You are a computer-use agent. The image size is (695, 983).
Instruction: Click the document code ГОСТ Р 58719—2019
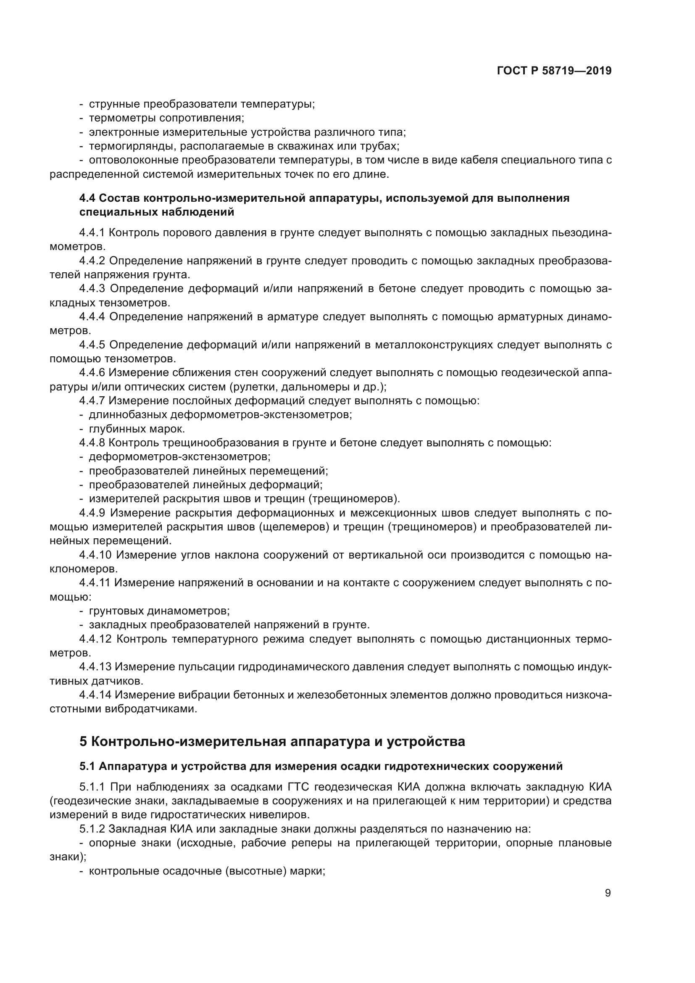tap(554, 71)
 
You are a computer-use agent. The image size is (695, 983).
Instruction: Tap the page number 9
tap(608, 893)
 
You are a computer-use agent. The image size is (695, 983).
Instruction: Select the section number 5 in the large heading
tap(84, 741)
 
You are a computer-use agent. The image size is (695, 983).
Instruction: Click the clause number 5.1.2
tap(92, 829)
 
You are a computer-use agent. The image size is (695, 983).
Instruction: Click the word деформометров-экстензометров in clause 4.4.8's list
tap(180, 457)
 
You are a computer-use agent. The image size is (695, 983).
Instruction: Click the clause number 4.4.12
tap(95, 639)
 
